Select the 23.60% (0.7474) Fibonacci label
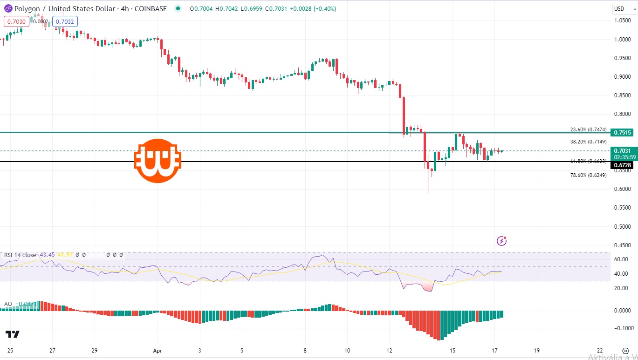coord(588,129)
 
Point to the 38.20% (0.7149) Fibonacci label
coord(588,142)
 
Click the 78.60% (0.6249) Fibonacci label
coord(588,175)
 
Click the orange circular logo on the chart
coord(158,161)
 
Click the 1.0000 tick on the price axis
coord(623,39)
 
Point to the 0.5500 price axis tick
coord(623,208)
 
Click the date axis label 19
coord(537,350)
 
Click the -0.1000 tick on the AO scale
coord(621,328)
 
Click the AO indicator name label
coord(8,304)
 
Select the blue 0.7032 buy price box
coord(65,21)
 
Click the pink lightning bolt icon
coord(502,241)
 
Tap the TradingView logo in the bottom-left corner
coord(13,334)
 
